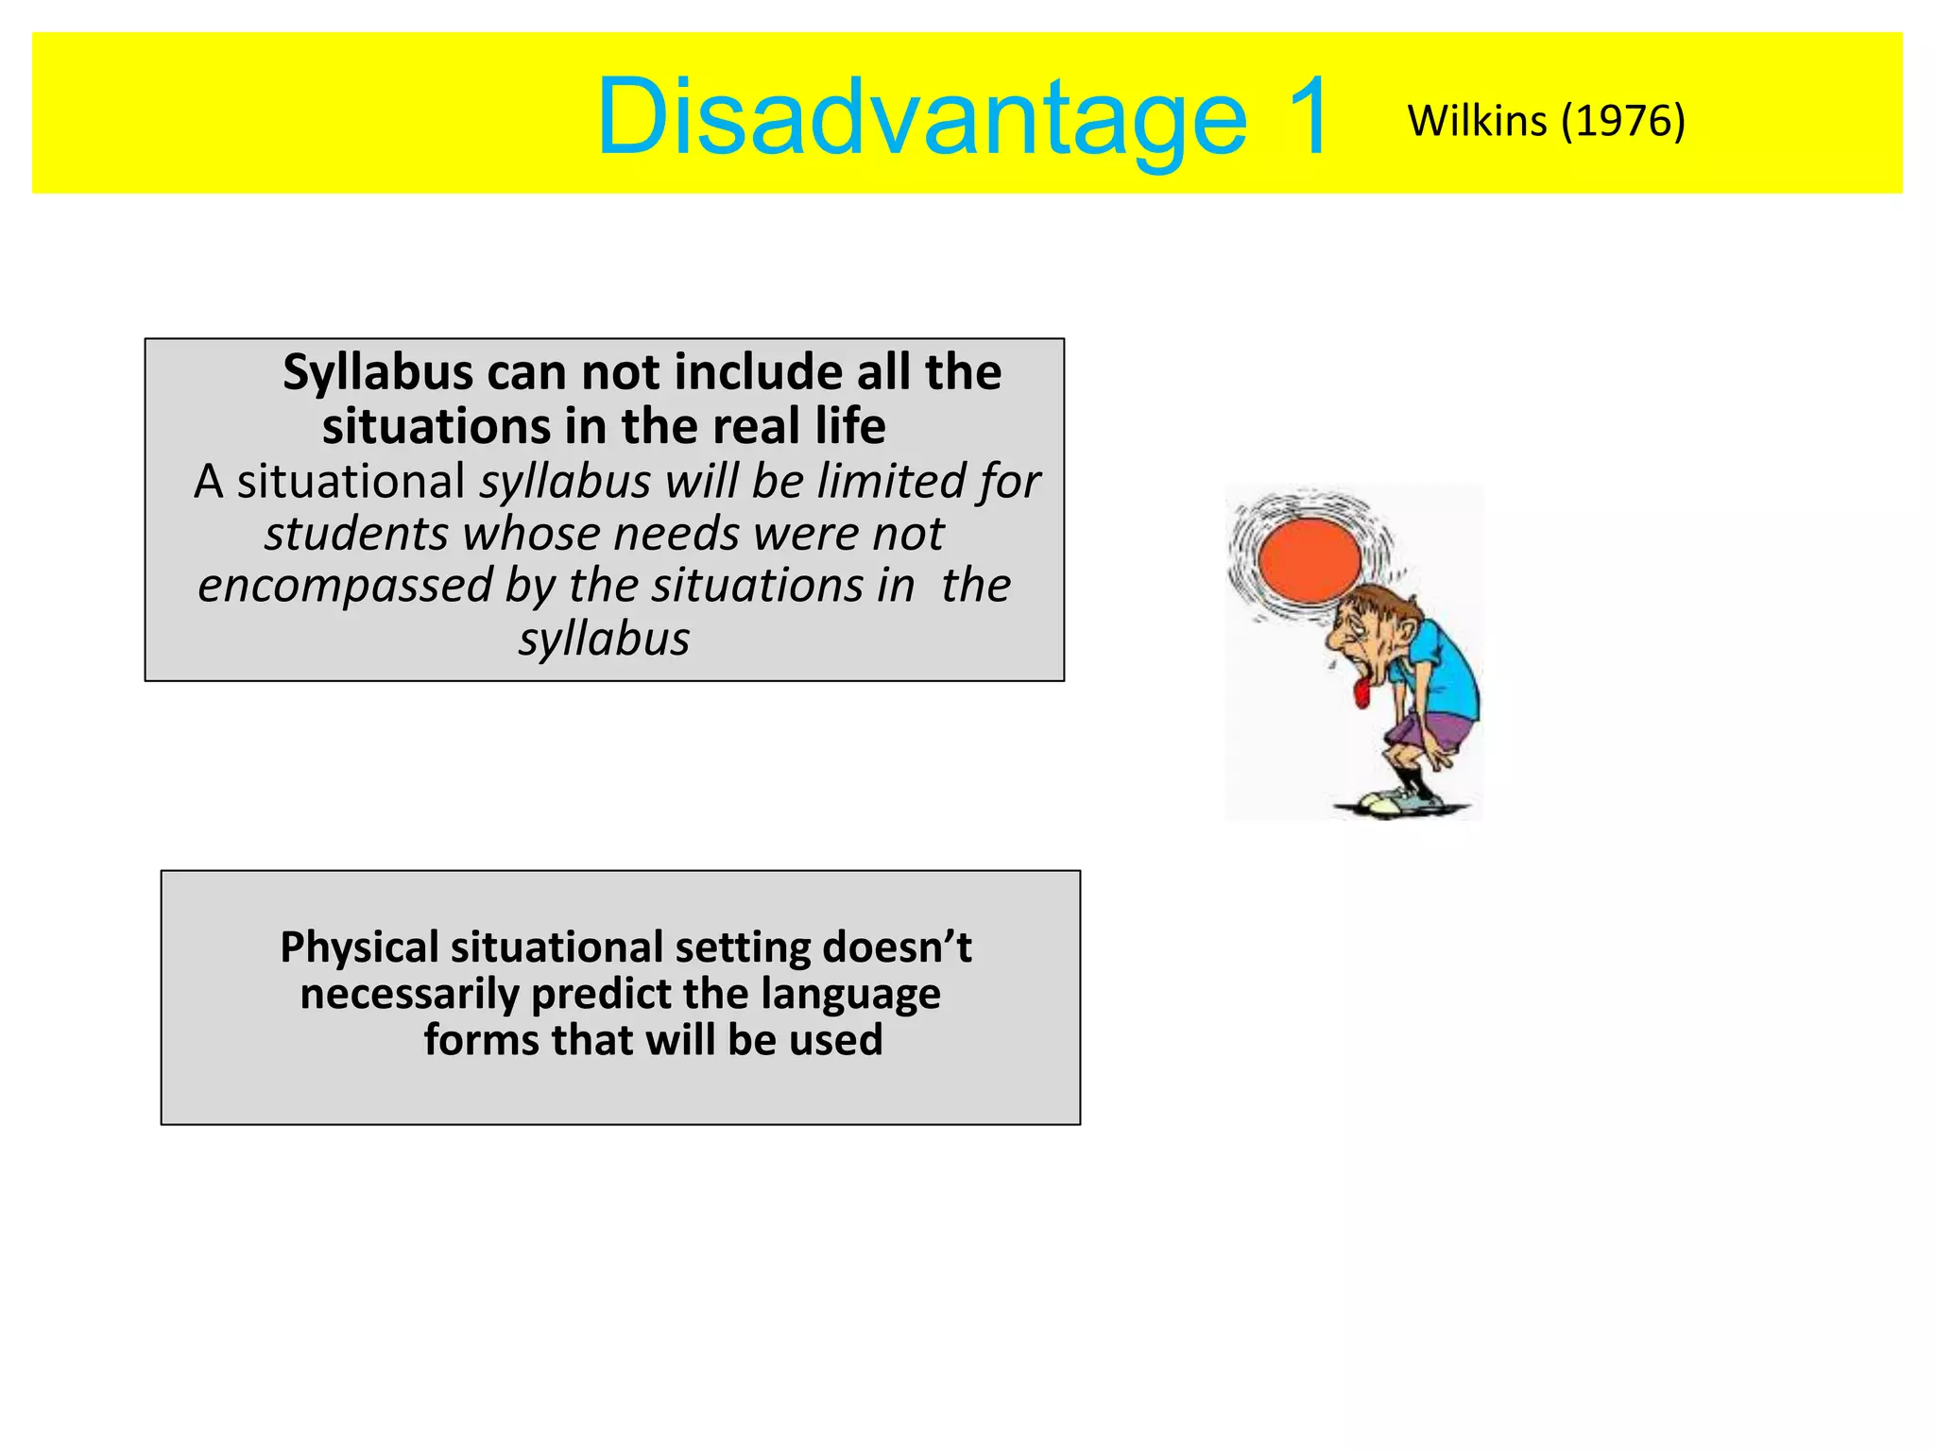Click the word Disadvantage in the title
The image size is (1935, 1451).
point(921,117)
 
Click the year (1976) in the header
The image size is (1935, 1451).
point(1622,121)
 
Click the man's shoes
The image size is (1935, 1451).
point(1398,803)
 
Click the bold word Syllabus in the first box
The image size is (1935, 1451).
point(377,372)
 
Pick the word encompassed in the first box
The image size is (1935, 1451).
point(344,586)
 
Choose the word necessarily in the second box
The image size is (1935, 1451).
point(409,994)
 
